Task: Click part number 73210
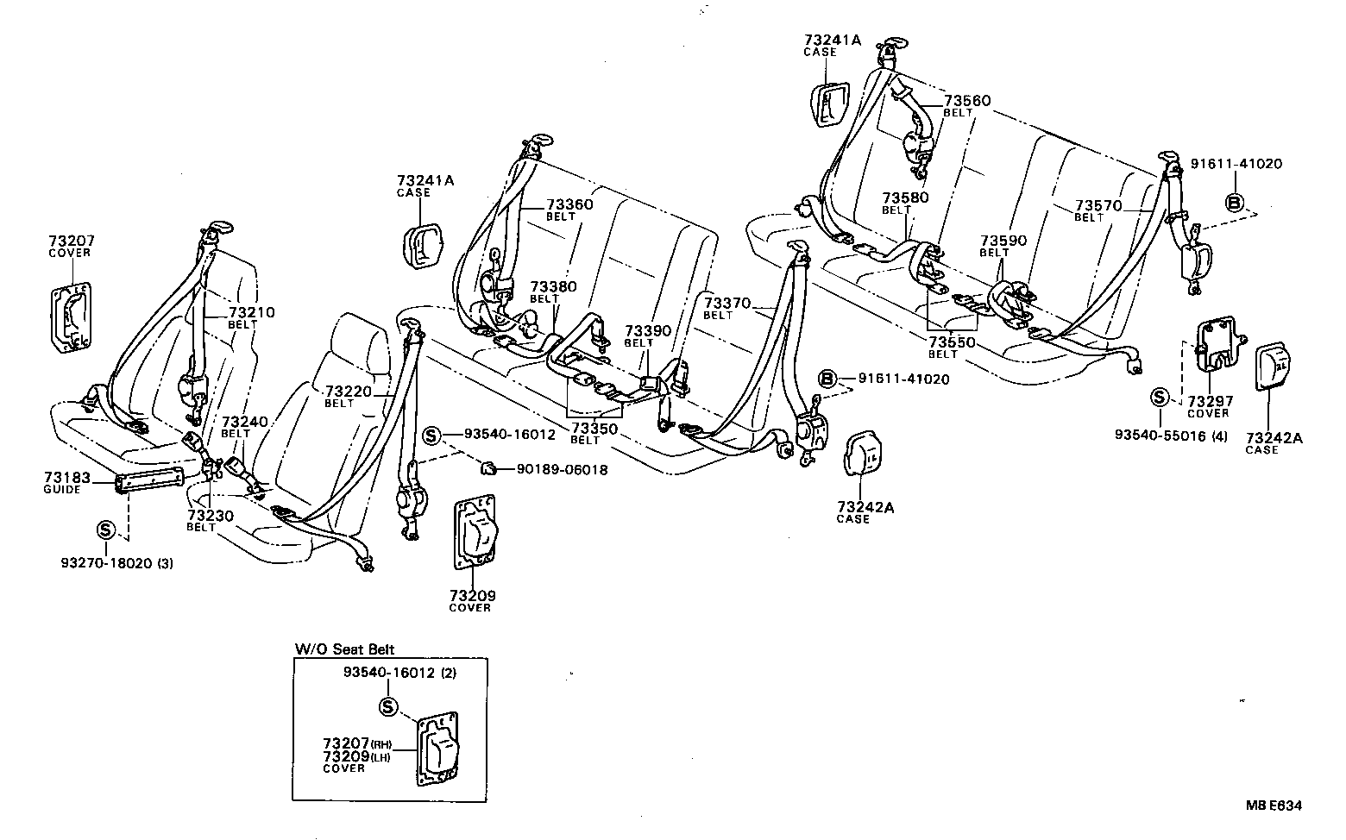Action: click(x=252, y=312)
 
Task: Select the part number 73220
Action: click(x=348, y=392)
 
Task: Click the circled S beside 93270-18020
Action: click(x=104, y=529)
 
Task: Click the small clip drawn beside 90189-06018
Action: click(x=488, y=468)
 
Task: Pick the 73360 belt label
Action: click(x=569, y=204)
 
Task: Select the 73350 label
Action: click(x=594, y=429)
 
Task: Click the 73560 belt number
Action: click(x=967, y=101)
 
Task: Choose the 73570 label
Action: click(x=1098, y=206)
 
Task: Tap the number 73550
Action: click(x=952, y=342)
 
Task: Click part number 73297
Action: click(x=1211, y=401)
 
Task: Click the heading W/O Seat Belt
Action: click(x=344, y=649)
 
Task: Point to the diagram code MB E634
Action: click(x=1273, y=806)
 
